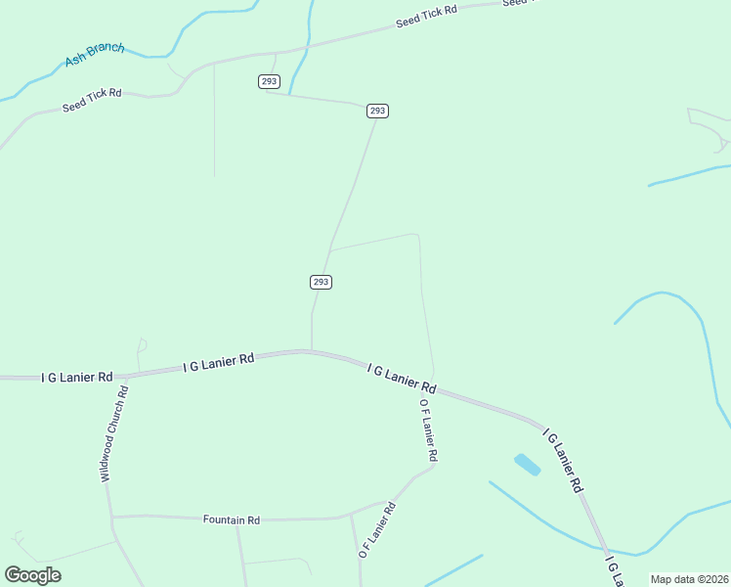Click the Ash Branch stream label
[94, 55]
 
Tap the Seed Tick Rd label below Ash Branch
[92, 100]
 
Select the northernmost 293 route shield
[270, 81]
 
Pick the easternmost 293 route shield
[378, 111]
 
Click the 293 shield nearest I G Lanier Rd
[321, 282]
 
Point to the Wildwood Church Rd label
[114, 434]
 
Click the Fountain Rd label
[231, 520]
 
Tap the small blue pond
[527, 464]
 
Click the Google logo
[32, 575]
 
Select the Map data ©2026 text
[688, 579]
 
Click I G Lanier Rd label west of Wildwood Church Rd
[77, 376]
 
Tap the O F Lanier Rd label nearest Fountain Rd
[376, 529]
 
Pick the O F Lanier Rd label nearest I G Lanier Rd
[428, 430]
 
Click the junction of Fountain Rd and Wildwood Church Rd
[111, 516]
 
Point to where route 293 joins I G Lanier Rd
[312, 350]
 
